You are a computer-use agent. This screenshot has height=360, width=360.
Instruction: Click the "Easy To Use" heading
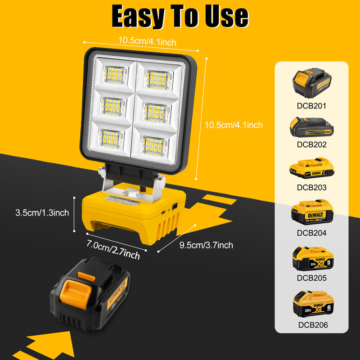[180, 17]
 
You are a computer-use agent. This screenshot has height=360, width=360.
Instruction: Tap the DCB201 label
[311, 107]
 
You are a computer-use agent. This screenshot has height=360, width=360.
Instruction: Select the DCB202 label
[311, 145]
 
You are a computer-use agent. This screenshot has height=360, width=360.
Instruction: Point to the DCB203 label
[311, 188]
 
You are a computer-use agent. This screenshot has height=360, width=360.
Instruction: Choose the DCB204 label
[311, 233]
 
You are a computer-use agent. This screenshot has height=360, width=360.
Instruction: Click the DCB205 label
[311, 278]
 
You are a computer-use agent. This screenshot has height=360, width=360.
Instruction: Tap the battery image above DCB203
[311, 170]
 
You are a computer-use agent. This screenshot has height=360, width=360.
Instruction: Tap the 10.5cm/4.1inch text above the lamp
[147, 42]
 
